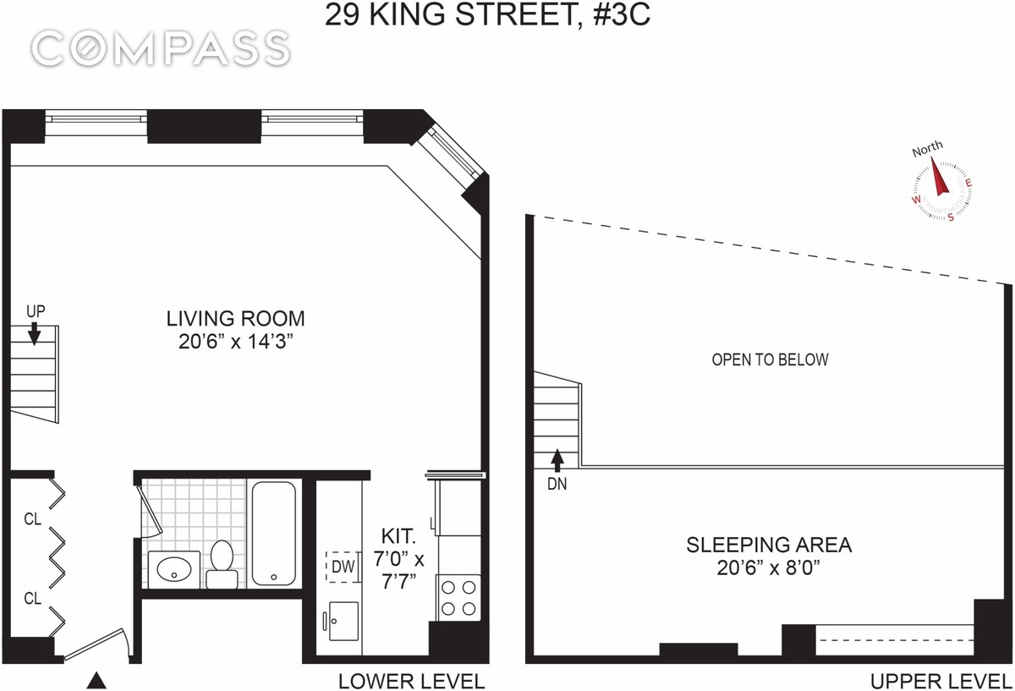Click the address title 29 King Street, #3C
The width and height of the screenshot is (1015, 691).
[487, 16]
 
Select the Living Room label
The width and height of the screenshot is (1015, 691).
[235, 319]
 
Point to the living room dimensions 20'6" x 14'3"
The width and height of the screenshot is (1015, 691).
[235, 342]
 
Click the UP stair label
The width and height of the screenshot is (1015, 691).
[35, 311]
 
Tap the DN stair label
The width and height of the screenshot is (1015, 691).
[556, 485]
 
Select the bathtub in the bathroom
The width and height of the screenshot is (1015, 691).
[273, 533]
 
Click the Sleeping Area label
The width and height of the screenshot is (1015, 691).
[768, 544]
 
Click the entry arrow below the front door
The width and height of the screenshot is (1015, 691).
[98, 679]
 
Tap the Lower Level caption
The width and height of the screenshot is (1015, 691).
[411, 681]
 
